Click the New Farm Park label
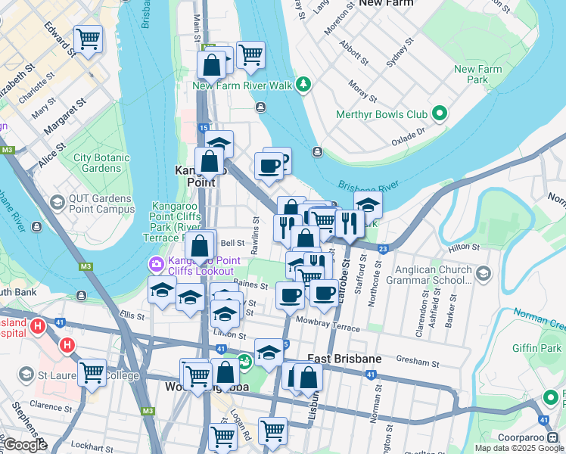[x=477, y=74]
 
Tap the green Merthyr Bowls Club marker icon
[x=439, y=115]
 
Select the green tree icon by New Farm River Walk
[x=303, y=83]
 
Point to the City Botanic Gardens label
[x=97, y=163]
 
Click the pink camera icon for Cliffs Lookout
[x=156, y=264]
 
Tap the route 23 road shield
[x=384, y=248]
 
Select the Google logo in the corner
[x=24, y=445]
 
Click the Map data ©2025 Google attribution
[x=519, y=448]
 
